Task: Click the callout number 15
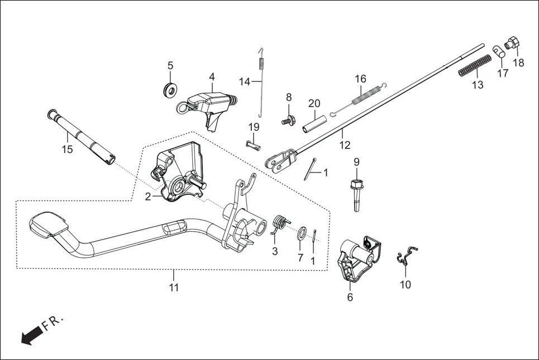pyautogui.click(x=67, y=150)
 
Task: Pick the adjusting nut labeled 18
pyautogui.click(x=512, y=43)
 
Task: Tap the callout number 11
pyautogui.click(x=174, y=288)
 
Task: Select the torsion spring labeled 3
pyautogui.click(x=281, y=224)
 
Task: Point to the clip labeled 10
pyautogui.click(x=407, y=256)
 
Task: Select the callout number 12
pyautogui.click(x=345, y=145)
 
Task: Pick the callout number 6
pyautogui.click(x=350, y=297)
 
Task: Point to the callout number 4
pyautogui.click(x=212, y=76)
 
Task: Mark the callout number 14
pyautogui.click(x=244, y=81)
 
